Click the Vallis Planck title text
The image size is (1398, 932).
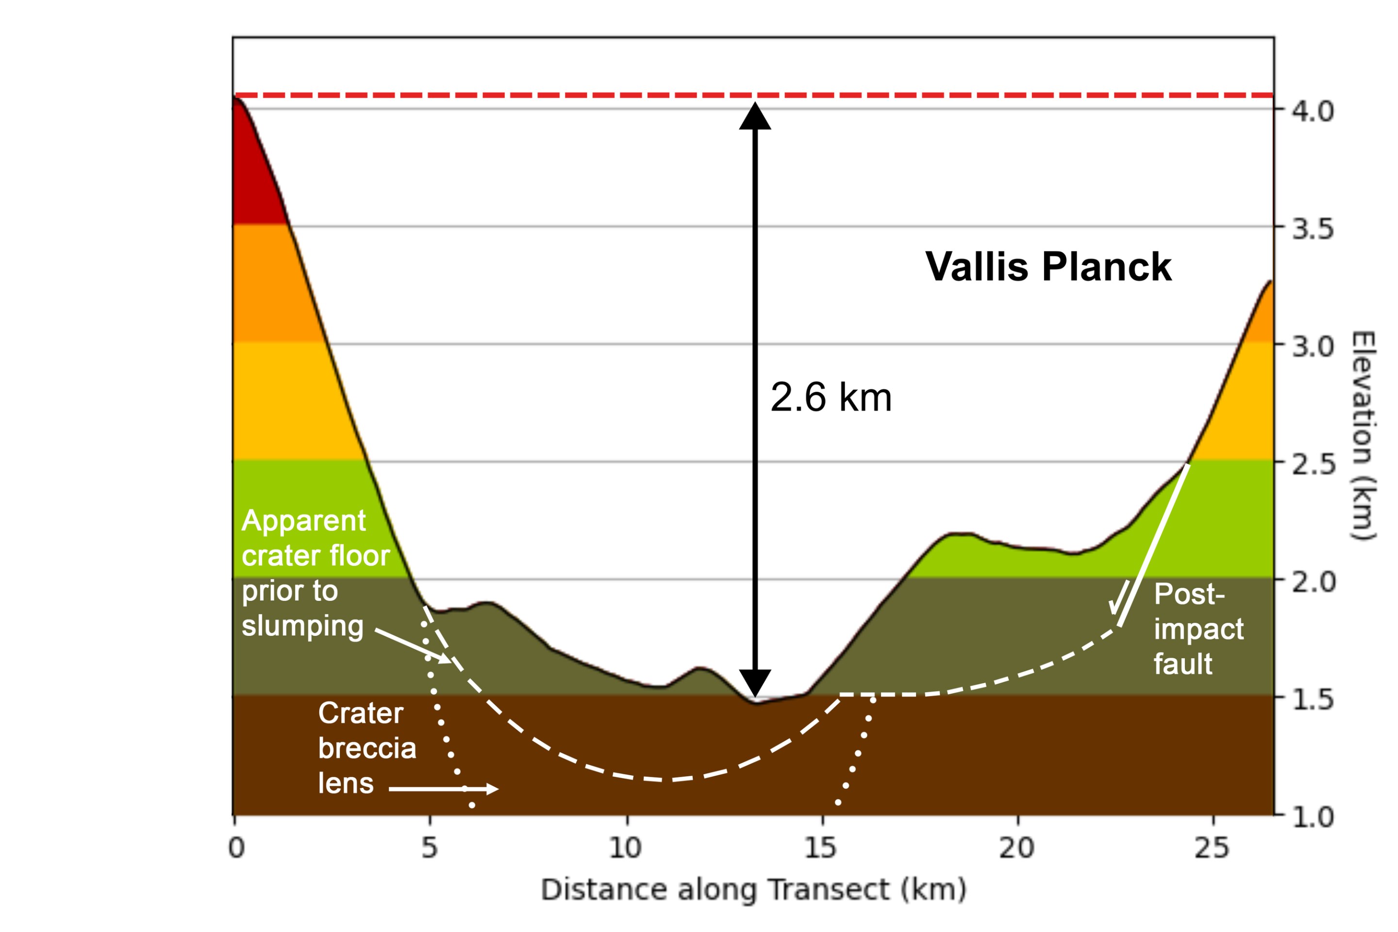(x=1048, y=266)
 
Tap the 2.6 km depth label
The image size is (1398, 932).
(x=831, y=397)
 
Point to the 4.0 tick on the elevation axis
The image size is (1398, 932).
(x=1313, y=111)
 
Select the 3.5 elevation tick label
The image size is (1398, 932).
(x=1313, y=229)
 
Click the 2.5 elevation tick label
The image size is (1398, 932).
(x=1313, y=464)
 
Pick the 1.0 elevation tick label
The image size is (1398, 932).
(x=1313, y=818)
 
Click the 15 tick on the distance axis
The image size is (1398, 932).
(x=821, y=848)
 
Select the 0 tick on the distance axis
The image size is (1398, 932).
(x=236, y=848)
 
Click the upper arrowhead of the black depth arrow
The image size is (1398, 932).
(x=755, y=116)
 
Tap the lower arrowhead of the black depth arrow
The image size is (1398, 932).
(x=755, y=682)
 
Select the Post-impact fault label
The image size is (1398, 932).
(x=1198, y=629)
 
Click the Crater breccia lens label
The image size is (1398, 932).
(x=367, y=747)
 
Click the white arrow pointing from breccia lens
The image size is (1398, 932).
(x=443, y=789)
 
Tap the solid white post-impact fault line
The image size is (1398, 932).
(x=1154, y=544)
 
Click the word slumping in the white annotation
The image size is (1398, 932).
(x=302, y=626)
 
